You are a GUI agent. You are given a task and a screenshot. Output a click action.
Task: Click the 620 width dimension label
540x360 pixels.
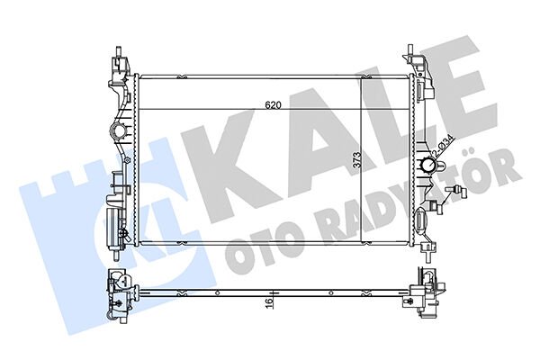pos(274,105)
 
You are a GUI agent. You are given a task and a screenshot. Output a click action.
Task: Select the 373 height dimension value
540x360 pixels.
pos(356,161)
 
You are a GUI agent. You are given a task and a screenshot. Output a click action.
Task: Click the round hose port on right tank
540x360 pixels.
pos(427,166)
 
